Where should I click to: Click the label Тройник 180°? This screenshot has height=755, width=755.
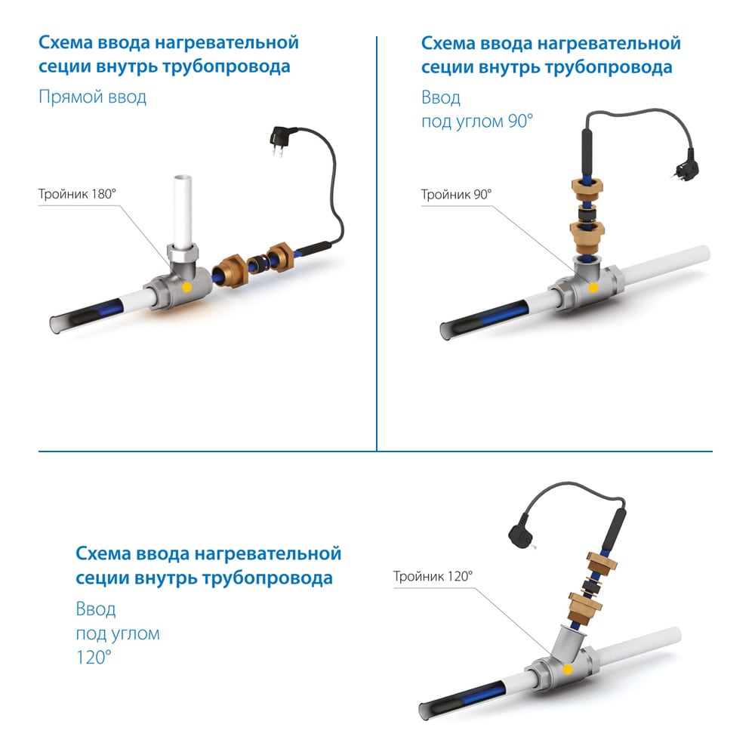77,194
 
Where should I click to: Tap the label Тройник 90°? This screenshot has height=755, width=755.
457,195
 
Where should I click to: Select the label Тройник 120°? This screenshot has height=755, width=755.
433,576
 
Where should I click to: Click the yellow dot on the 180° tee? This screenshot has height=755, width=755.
186,288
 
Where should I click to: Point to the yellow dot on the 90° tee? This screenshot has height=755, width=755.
593,288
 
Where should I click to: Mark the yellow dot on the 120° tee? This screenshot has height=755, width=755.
568,669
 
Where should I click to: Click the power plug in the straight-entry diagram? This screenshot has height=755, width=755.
279,140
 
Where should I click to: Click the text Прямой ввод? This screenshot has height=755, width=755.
92,97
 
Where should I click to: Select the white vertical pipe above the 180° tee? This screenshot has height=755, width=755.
183,210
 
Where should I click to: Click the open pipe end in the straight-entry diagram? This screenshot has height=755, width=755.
57,325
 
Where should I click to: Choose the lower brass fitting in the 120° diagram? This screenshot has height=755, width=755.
584,608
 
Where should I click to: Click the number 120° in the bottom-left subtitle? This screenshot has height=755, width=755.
94,657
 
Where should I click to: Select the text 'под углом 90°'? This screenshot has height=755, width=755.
477,121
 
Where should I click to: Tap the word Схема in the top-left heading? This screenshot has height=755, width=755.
66,42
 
